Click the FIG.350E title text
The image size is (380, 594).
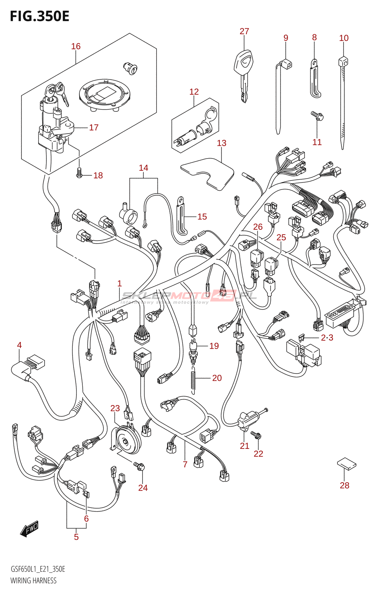pos(39,16)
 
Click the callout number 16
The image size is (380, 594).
pos(76,46)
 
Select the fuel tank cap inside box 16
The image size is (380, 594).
pos(105,94)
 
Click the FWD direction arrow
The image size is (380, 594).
pos(29,529)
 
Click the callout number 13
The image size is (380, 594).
pos(222,143)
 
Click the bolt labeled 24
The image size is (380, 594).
pos(140,466)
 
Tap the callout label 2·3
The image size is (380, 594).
pos(327,337)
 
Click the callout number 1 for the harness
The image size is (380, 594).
pos(119,284)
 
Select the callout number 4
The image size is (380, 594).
pos(19,345)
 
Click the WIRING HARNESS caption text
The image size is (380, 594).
pos(33,581)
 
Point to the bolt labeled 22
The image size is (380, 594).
pos(256,435)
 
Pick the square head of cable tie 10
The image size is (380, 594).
pos(343,61)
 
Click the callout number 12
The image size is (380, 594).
pos(194,92)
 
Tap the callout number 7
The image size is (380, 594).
pos(185,464)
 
